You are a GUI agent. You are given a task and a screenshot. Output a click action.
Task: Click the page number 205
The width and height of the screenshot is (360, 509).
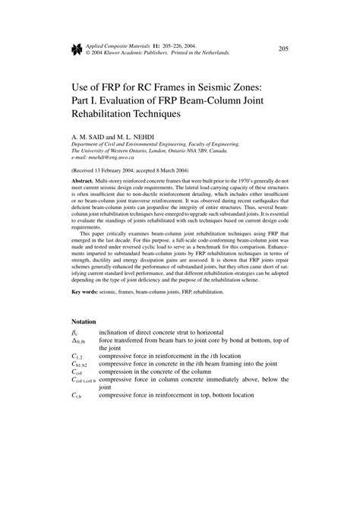coord(283,49)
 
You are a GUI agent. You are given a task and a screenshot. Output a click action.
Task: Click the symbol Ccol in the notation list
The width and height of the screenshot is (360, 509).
coord(77,373)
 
